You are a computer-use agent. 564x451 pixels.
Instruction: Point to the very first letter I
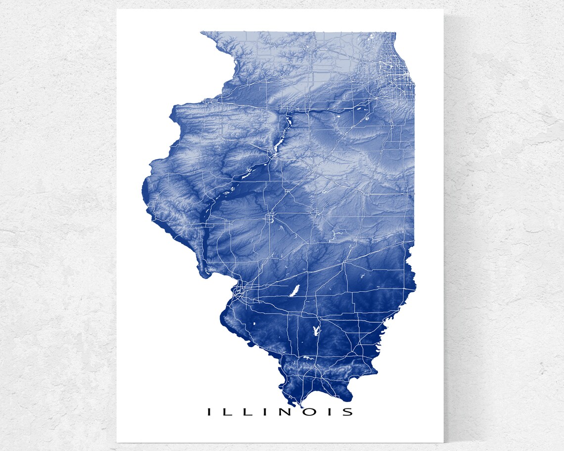[209, 411]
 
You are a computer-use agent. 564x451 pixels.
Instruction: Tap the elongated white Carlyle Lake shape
[295, 290]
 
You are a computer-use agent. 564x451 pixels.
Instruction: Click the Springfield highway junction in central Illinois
[270, 217]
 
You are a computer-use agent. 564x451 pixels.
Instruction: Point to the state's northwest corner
[202, 33]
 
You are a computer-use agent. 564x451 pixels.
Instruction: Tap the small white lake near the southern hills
[307, 358]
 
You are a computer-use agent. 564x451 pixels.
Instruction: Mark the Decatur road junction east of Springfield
[313, 213]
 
